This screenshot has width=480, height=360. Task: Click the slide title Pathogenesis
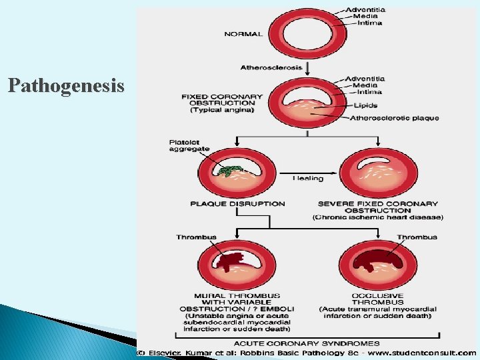(x=66, y=86)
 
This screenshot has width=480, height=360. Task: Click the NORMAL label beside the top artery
(x=243, y=33)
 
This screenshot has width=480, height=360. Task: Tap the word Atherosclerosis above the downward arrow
(x=271, y=67)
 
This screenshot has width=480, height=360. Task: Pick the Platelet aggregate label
(x=187, y=145)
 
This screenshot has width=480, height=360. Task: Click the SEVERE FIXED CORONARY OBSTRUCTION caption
(x=377, y=207)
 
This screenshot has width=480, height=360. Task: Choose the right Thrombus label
(x=417, y=237)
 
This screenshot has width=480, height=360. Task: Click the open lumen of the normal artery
(x=305, y=32)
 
